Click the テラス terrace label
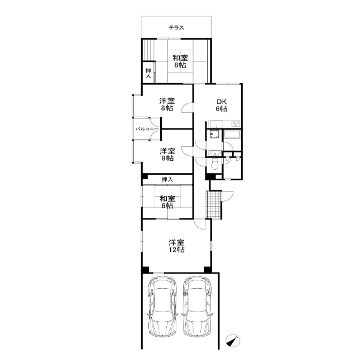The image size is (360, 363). tap(176, 28)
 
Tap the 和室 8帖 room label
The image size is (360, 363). tap(180, 61)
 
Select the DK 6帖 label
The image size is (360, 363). tap(222, 105)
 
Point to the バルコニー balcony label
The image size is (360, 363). tap(147, 129)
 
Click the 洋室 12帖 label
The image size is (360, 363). tap(176, 246)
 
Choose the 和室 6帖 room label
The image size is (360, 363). tap(167, 202)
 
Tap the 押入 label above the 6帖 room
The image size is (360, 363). tap(167, 179)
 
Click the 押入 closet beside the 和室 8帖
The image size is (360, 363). tap(148, 73)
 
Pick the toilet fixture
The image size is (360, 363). tap(215, 164)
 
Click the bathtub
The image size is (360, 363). tap(232, 134)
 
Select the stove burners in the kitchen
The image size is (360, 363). tap(236, 123)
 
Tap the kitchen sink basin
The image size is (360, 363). tap(217, 123)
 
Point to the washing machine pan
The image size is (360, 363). tap(214, 134)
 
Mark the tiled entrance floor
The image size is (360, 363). tap(214, 204)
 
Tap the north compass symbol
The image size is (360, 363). tap(233, 340)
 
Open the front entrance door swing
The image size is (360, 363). tap(228, 197)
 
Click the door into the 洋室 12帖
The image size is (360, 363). tap(200, 224)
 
